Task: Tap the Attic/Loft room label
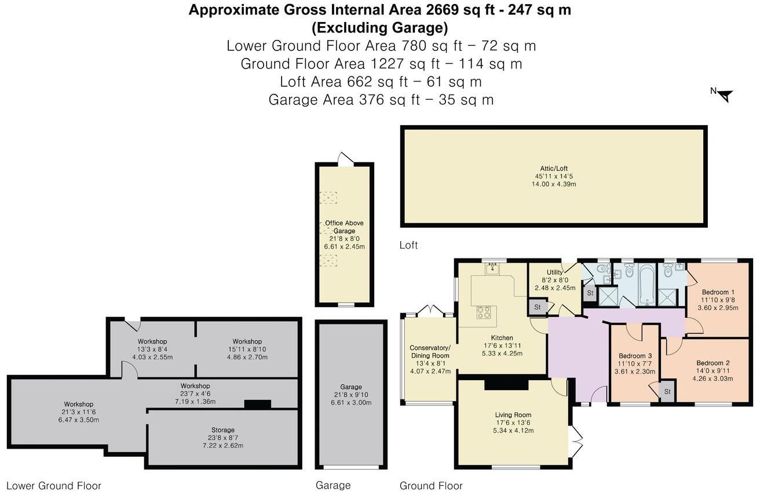point(554,168)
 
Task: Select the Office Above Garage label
point(344,227)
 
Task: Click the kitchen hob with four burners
point(484,312)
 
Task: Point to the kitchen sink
point(493,269)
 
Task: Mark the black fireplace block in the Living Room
point(506,384)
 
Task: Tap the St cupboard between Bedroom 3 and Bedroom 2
point(667,392)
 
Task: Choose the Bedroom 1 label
point(718,292)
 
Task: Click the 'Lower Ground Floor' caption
point(53,486)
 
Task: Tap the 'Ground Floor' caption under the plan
point(431,486)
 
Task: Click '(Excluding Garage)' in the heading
point(380,27)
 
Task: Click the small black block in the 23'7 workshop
point(257,405)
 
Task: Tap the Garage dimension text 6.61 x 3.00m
point(350,402)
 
